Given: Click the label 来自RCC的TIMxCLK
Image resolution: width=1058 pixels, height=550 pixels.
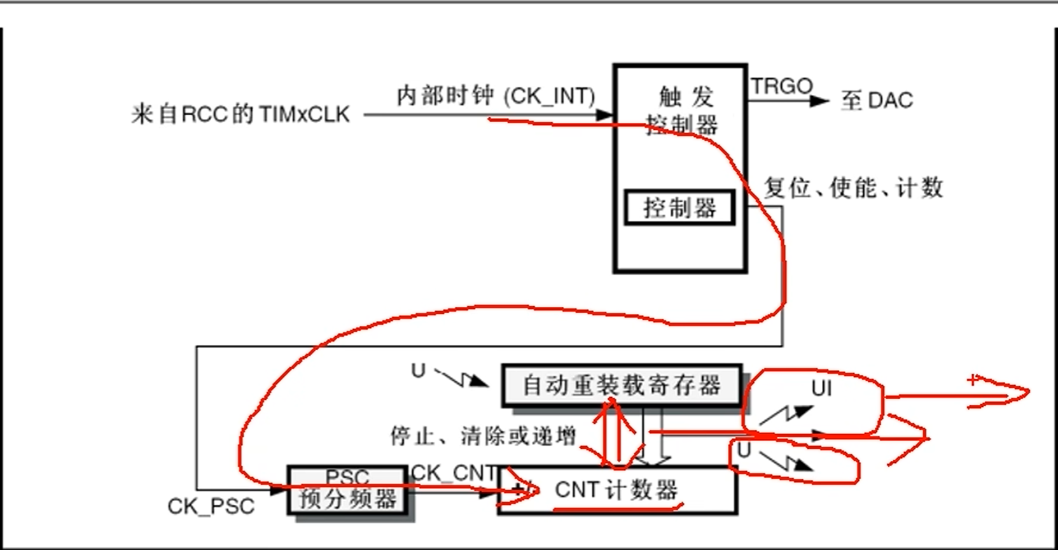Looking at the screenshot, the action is (240, 115).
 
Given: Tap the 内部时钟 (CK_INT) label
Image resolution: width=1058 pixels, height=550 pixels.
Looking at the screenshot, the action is (496, 95).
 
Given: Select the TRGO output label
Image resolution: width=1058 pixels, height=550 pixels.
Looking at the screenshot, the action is (781, 86).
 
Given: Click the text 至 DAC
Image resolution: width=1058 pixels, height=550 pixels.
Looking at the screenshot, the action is (877, 101).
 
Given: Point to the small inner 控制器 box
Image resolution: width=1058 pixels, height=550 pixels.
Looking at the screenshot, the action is (679, 208).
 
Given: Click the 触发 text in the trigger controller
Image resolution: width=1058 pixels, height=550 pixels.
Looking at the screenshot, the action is (686, 97).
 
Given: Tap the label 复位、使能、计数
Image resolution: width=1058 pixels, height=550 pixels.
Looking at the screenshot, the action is (853, 188).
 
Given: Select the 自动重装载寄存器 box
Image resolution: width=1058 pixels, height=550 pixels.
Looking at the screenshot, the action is (622, 385).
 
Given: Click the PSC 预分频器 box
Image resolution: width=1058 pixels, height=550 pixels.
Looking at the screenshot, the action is (347, 490).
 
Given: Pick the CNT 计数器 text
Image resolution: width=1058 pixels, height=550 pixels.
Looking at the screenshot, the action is (616, 490).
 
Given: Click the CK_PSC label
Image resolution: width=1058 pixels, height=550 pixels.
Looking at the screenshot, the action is (211, 507).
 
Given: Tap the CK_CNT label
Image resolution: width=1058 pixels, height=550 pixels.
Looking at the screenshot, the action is (453, 473).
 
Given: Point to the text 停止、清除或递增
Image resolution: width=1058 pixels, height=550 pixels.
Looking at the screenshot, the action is (483, 437).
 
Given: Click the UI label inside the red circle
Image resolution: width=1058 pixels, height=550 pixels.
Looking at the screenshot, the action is (821, 388).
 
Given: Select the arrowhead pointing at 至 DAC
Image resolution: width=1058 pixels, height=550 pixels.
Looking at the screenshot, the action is (821, 101).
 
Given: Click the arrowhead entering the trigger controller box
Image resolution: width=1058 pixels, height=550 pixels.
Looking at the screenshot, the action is (604, 115).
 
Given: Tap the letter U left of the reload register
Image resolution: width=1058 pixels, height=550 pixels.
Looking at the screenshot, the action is (418, 370).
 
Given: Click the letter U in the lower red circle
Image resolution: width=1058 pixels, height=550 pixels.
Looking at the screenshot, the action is (744, 451).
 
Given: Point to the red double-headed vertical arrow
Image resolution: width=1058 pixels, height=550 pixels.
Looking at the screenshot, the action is (616, 433).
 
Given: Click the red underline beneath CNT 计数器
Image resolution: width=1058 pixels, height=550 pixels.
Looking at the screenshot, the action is (617, 509).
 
